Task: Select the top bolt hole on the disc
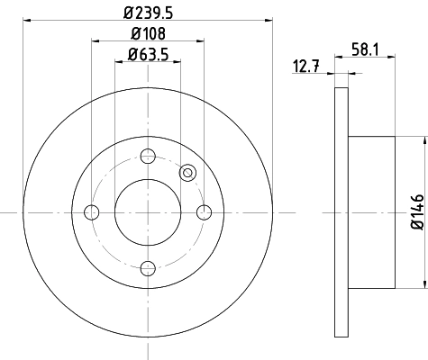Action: [147, 156]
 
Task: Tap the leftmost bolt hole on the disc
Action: [91, 212]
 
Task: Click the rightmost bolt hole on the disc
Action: [204, 212]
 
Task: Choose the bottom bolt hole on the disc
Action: [147, 268]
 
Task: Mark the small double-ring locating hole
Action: [188, 173]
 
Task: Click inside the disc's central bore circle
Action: [147, 212]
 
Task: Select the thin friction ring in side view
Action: [341, 212]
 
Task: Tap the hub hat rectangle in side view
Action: [371, 212]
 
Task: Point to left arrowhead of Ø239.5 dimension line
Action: [26, 19]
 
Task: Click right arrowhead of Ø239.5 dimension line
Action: [268, 19]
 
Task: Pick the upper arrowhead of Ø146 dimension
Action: [423, 140]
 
